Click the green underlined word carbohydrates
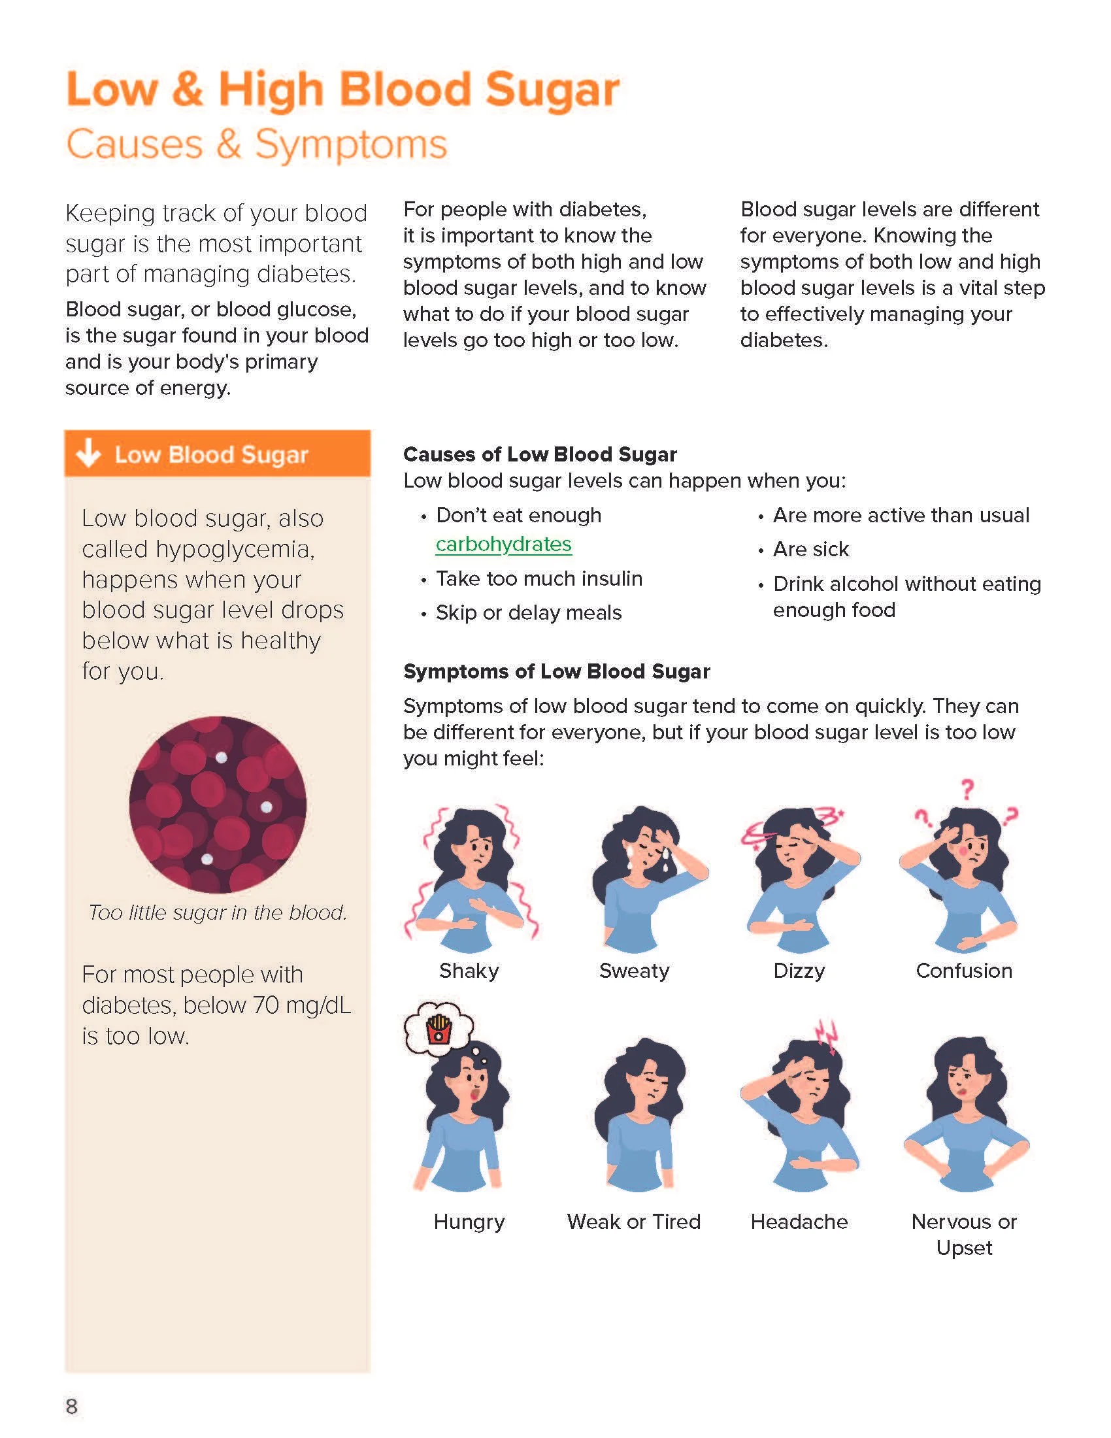(503, 544)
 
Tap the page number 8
(72, 1406)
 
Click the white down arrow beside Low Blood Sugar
(88, 454)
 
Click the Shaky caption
(469, 971)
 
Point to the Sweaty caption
(634, 971)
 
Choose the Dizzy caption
(799, 971)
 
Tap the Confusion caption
(963, 971)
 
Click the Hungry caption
(469, 1222)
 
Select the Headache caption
(799, 1222)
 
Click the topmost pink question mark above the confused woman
(966, 788)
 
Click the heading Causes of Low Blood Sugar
(540, 454)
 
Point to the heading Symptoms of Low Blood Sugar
(556, 671)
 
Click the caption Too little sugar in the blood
(217, 912)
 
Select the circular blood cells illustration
(217, 805)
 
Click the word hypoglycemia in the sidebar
(197, 548)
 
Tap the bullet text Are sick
(811, 549)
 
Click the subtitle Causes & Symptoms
(257, 144)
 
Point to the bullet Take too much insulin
(539, 578)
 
